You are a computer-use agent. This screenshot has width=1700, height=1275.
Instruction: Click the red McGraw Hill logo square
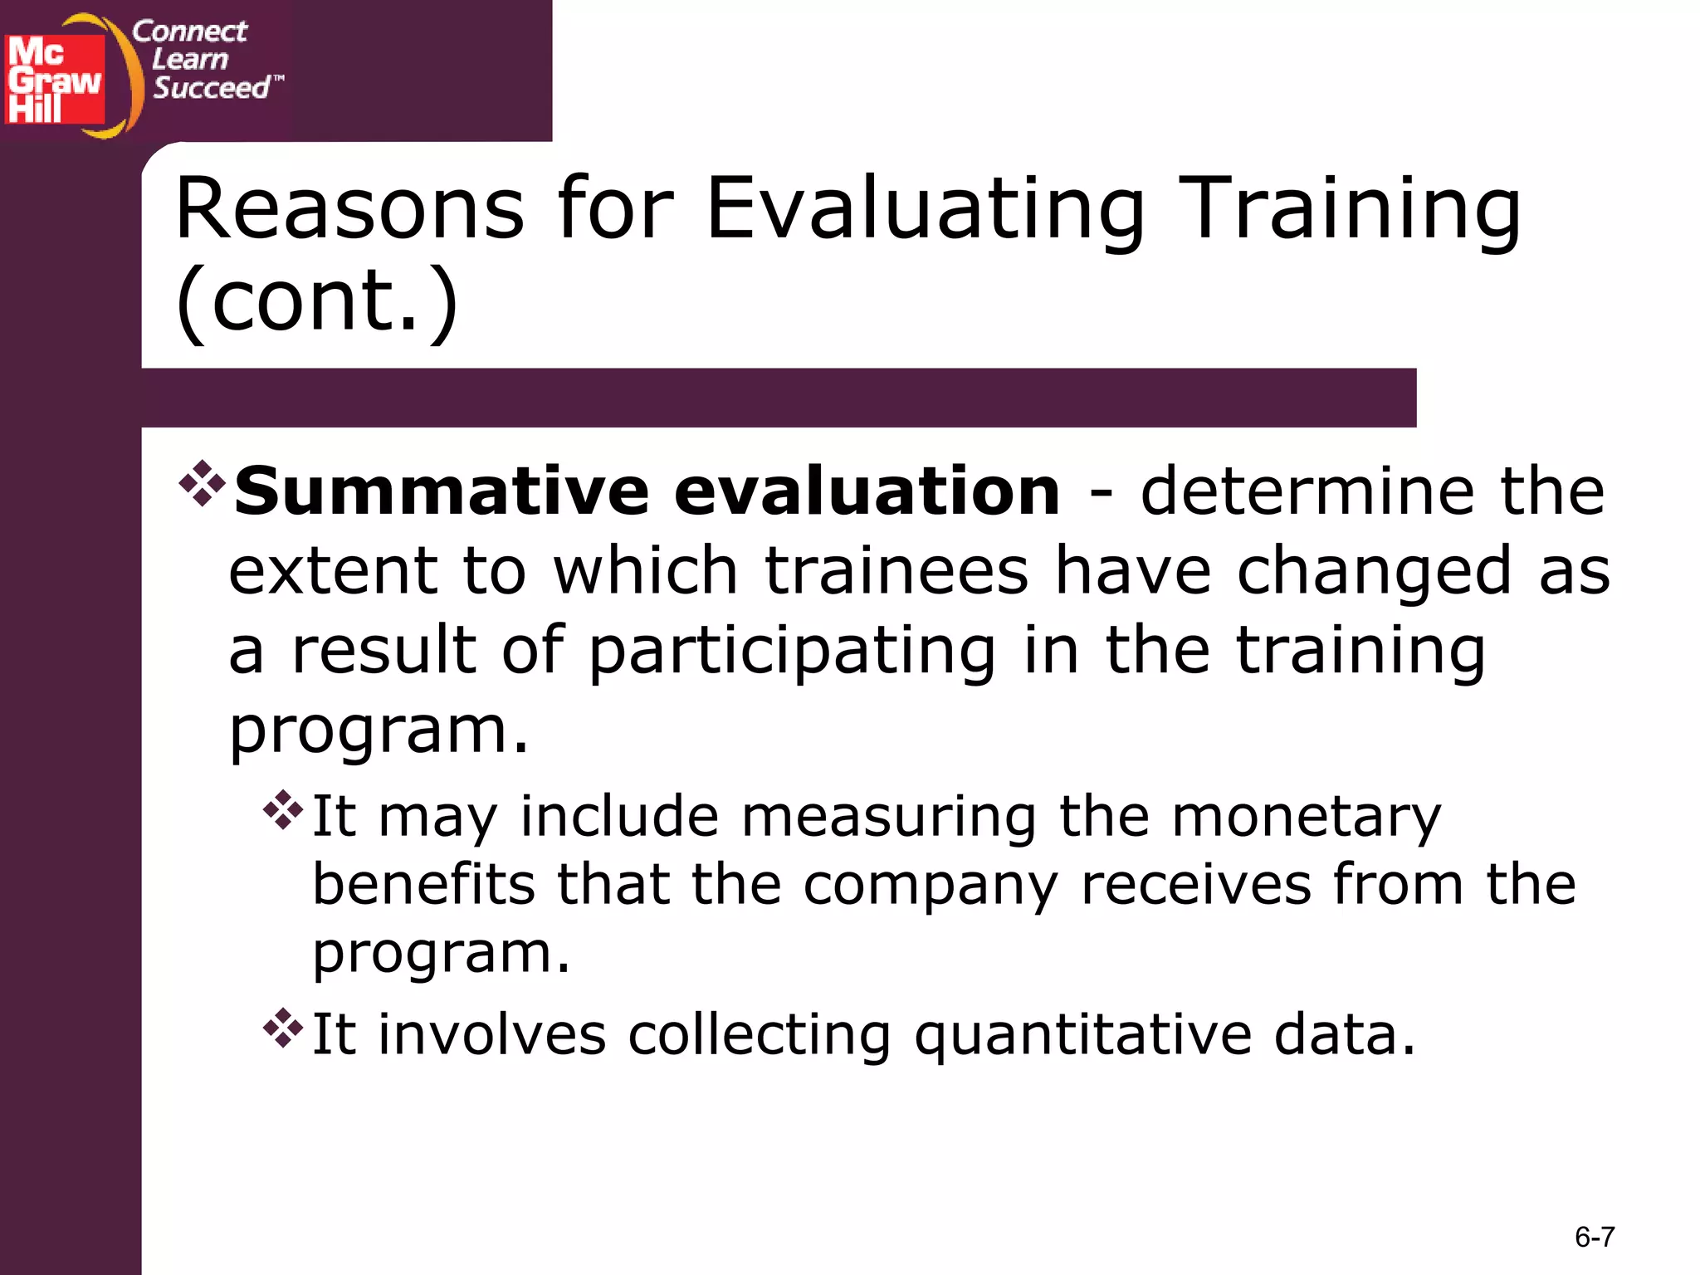click(x=55, y=80)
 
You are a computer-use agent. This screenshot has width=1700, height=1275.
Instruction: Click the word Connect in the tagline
click(x=189, y=32)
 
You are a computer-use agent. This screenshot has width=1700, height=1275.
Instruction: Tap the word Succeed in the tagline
click(x=212, y=87)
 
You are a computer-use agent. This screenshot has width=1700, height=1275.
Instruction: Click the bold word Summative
click(x=442, y=491)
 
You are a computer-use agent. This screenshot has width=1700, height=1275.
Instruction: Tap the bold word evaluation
click(x=867, y=491)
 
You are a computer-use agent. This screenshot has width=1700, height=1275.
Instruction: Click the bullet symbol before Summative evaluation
click(x=202, y=483)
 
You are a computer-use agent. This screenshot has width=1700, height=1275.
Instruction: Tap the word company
click(x=931, y=887)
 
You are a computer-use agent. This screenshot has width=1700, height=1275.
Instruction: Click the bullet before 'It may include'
click(x=283, y=810)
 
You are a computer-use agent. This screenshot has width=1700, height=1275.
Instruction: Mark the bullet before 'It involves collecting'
click(x=283, y=1028)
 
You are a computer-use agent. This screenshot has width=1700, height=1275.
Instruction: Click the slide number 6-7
click(x=1594, y=1237)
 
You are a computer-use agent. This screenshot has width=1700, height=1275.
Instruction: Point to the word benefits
click(x=423, y=885)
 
